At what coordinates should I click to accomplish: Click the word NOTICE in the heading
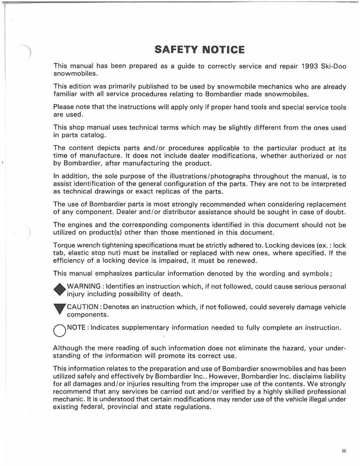point(223,50)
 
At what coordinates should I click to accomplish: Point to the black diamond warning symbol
point(59,290)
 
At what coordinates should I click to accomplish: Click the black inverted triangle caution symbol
point(59,310)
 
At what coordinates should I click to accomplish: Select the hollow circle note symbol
point(59,330)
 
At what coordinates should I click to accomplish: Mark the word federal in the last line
point(94,407)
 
